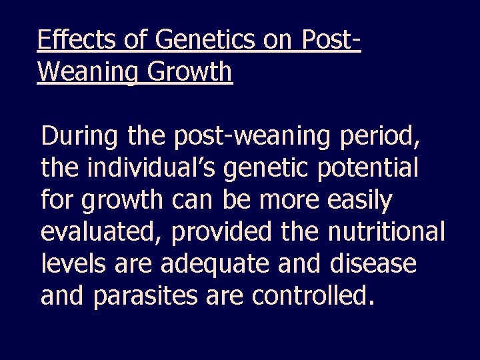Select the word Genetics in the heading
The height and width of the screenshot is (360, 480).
pos(201,41)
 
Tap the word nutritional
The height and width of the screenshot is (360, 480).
pos(386,231)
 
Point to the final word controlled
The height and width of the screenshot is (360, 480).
pos(309,293)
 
